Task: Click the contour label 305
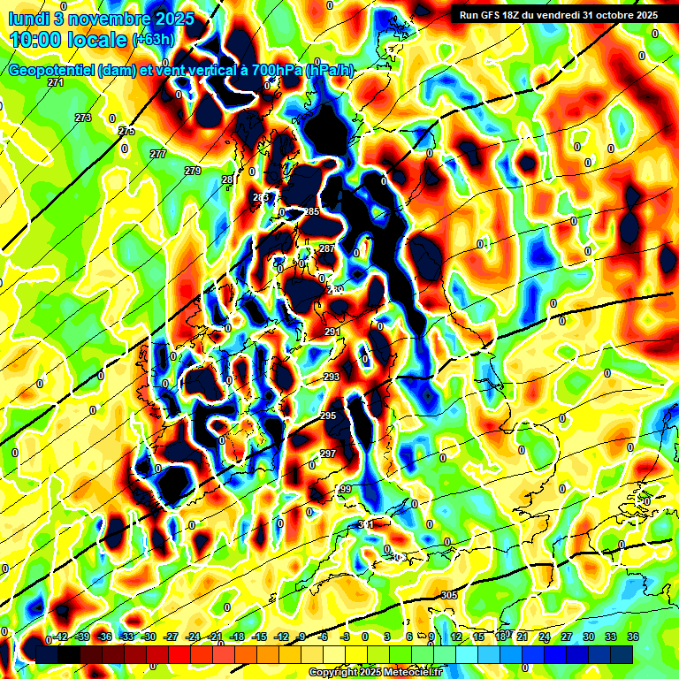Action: pos(449,595)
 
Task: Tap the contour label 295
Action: pos(328,416)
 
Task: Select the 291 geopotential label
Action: pos(332,332)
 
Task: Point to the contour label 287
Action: pos(327,248)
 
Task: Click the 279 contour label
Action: pos(193,171)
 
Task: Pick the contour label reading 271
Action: pos(56,82)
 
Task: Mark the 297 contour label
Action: pos(328,454)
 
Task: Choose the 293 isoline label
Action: pos(332,378)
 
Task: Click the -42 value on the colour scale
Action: pos(62,637)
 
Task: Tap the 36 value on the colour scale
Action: pos(633,637)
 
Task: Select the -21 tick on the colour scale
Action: pos(215,637)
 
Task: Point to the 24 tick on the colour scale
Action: pos(545,637)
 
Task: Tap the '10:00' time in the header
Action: pos(37,40)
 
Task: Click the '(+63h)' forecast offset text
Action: pos(153,40)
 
